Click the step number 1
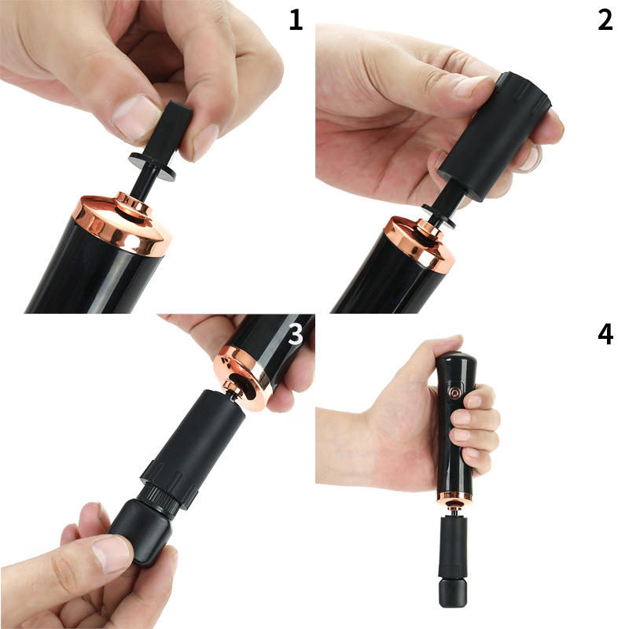(296, 20)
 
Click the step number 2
(605, 20)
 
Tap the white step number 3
(296, 334)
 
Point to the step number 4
(605, 334)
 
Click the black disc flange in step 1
(153, 167)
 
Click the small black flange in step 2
(439, 217)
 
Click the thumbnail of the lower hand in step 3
(112, 554)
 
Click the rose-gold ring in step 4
(454, 498)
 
